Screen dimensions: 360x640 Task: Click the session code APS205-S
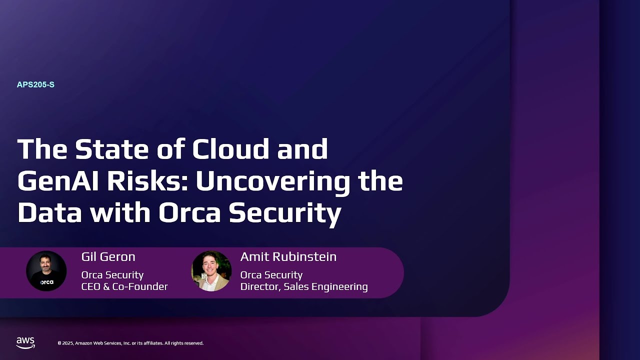(35, 85)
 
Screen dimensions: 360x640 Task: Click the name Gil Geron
(108, 257)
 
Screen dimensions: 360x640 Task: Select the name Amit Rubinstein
(288, 257)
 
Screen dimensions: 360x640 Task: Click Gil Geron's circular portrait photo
(46, 270)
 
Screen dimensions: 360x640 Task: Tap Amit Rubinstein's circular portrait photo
(211, 270)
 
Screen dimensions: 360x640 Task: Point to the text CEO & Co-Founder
(124, 287)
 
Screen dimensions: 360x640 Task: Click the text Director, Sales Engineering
(303, 287)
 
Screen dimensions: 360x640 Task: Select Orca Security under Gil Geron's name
(112, 275)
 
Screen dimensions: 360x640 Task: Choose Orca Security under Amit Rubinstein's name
(271, 275)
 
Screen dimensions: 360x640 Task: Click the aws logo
(25, 342)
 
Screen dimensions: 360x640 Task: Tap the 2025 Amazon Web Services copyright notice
(130, 343)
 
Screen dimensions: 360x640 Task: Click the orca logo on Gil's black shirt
(46, 282)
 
